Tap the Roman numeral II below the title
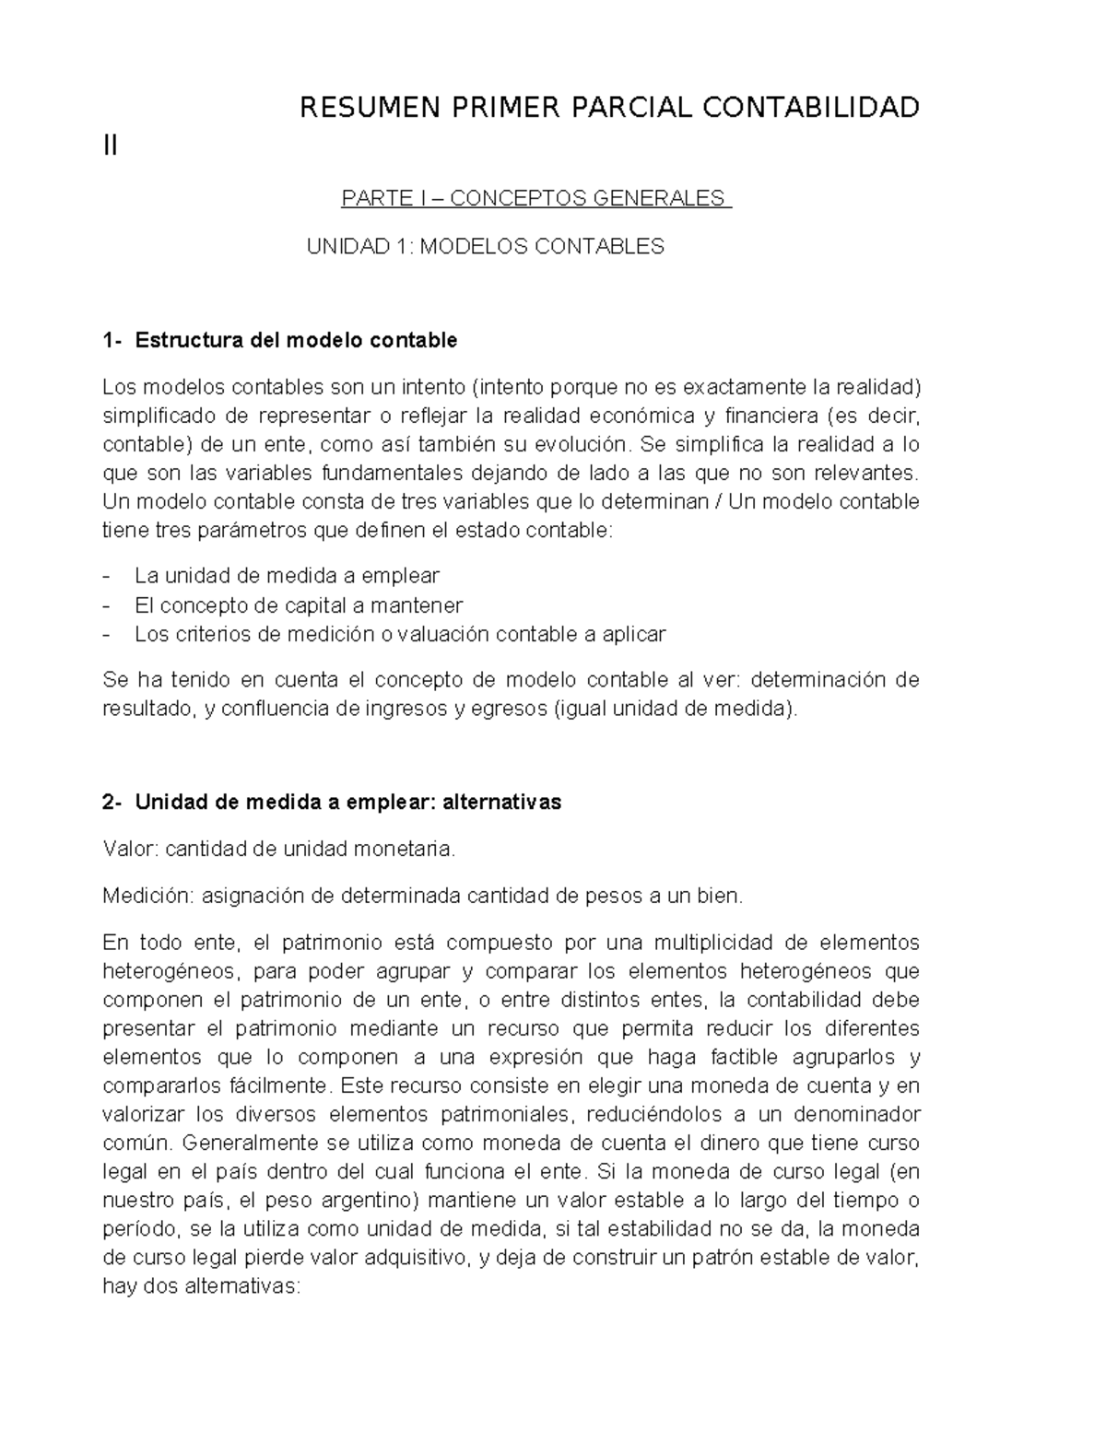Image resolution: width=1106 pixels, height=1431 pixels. tap(111, 146)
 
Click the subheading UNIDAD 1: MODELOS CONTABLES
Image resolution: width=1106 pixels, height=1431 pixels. tap(485, 247)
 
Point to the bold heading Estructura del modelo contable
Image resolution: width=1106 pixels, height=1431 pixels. tap(296, 341)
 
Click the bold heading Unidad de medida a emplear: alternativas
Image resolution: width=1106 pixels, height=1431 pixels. tap(347, 803)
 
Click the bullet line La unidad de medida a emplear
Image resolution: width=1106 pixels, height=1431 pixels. tap(287, 577)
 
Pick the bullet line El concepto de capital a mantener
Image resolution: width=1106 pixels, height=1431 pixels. tap(299, 605)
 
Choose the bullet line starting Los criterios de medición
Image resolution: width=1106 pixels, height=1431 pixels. tap(399, 634)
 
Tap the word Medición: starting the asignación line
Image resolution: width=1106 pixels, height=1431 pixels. tap(147, 896)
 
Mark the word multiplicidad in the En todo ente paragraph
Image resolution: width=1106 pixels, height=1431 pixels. tap(709, 943)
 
